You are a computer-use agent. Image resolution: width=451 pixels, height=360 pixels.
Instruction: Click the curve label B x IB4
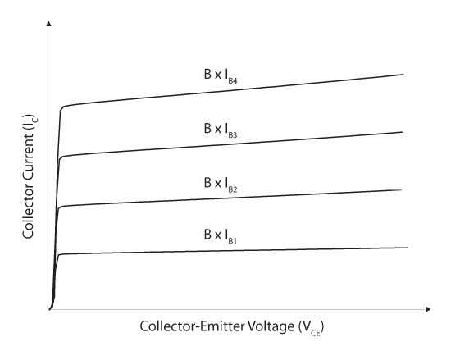coord(221,76)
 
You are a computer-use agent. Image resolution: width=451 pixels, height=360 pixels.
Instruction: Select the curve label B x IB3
coord(221,130)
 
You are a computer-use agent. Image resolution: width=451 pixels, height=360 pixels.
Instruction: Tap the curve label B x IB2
coord(221,185)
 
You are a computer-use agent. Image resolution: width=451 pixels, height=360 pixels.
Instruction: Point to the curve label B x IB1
coord(220,236)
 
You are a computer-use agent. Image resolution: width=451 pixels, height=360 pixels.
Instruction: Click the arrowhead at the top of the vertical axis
coord(48,23)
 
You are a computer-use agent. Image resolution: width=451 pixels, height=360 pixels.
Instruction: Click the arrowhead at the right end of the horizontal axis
coord(428,309)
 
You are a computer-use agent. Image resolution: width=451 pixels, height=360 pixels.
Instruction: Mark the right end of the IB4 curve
coord(403,75)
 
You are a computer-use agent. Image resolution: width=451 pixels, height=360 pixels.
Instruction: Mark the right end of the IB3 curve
coord(403,132)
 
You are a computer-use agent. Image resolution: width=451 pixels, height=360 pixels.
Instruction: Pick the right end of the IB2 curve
coord(401,190)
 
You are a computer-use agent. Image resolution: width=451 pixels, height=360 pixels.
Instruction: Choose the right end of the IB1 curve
coord(408,248)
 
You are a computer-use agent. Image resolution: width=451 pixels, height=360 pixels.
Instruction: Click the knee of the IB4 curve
coord(61,108)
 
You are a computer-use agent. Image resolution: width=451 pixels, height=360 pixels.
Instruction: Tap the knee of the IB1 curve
coord(59,255)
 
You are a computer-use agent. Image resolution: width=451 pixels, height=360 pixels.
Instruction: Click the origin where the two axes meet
coord(49,309)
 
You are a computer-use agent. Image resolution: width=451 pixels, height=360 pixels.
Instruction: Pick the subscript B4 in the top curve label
coord(233,81)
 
